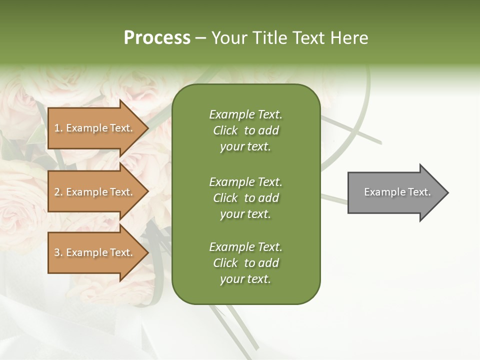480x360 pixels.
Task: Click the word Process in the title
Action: (x=157, y=38)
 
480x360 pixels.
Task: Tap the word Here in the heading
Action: (x=349, y=38)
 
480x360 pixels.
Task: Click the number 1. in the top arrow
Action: (x=58, y=128)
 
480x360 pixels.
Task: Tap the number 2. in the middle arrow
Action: (x=58, y=192)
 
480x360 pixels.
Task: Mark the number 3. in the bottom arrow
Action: (x=58, y=252)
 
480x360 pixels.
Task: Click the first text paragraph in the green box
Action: (x=245, y=130)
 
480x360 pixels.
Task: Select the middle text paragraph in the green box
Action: (x=245, y=198)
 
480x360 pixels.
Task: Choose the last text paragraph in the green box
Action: (x=245, y=263)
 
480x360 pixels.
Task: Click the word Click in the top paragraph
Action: (x=225, y=130)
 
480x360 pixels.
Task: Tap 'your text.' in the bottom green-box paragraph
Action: (x=245, y=279)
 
